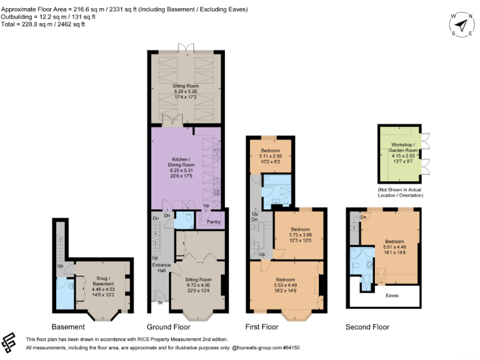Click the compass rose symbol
point(462,25)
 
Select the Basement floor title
point(69,327)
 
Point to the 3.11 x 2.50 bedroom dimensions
point(271,156)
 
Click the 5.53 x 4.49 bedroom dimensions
point(286,285)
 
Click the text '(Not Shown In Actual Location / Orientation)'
point(401,192)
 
